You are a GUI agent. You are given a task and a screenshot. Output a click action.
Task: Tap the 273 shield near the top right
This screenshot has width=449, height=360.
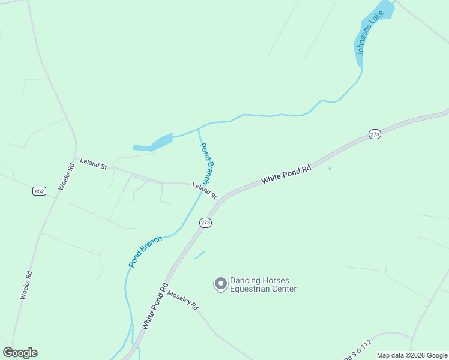point(375,134)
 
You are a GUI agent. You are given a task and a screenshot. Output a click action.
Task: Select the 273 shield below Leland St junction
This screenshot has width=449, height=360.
point(205,222)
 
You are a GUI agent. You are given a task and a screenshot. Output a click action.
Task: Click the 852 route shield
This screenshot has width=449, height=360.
point(39,191)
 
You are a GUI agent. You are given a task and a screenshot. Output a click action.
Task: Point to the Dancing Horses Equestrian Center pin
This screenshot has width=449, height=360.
point(221,283)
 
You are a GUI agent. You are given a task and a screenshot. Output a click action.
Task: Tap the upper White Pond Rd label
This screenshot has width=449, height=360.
point(286,175)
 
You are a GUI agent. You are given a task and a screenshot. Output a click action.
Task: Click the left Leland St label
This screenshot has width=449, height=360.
point(93,164)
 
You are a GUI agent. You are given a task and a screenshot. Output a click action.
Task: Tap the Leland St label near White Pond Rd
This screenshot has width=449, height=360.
point(204,191)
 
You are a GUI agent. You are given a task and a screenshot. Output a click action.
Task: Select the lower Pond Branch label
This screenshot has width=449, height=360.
point(145,251)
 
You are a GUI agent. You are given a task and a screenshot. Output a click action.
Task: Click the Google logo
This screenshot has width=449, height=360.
point(20,353)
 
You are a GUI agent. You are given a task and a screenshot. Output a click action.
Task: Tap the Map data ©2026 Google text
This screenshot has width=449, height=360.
point(412,355)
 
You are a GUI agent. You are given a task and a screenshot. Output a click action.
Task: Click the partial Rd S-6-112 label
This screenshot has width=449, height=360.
point(358,351)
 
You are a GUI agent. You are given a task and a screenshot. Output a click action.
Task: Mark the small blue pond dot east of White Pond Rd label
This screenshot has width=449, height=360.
point(330,169)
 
